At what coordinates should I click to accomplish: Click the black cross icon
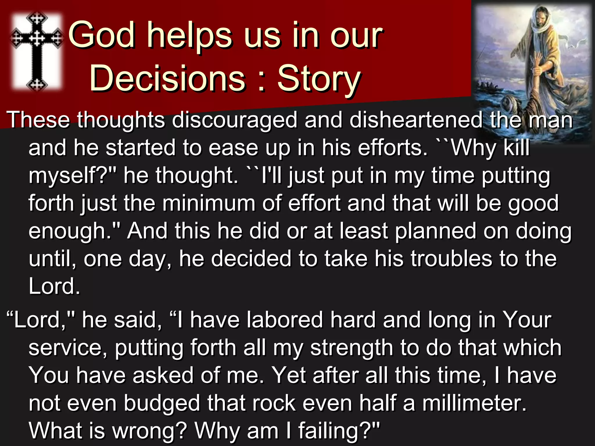[37, 51]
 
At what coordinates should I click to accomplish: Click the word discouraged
[234, 120]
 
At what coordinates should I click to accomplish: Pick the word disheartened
[416, 120]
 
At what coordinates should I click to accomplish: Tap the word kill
[516, 148]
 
